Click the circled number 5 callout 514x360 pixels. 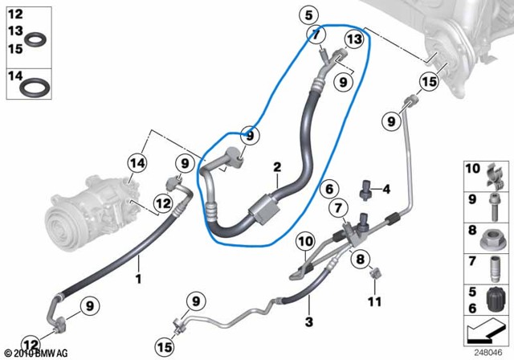308,15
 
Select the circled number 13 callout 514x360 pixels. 354,39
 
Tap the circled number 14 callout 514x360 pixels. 137,162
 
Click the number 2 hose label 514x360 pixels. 277,167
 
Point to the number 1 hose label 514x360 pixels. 138,279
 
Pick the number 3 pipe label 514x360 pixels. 308,321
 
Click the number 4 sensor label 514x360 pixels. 386,189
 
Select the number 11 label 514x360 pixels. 375,301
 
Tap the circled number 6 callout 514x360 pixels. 329,189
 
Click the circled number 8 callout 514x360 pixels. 360,260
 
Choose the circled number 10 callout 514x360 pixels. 305,242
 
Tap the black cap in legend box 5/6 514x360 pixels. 495,300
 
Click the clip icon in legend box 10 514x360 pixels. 495,177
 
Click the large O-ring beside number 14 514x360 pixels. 35,88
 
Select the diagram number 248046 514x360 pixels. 487,353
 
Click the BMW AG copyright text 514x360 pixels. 36,354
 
